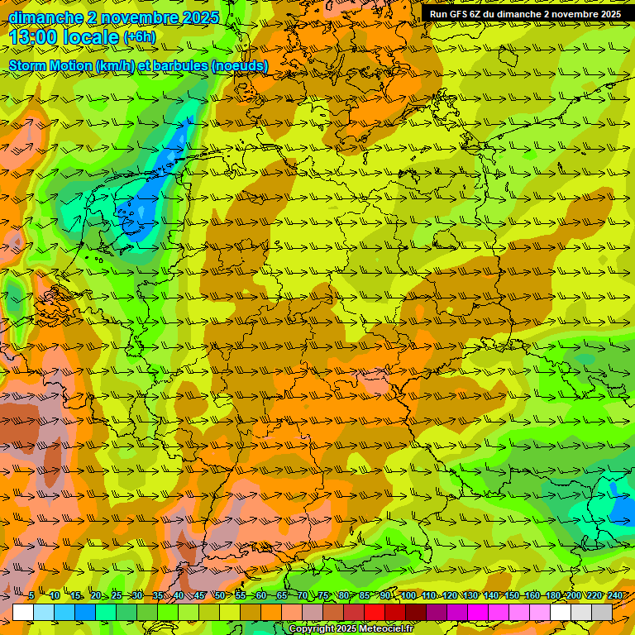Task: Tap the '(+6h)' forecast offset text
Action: pyautogui.click(x=139, y=37)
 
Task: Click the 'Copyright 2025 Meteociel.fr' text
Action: pyautogui.click(x=351, y=629)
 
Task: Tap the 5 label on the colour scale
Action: pyautogui.click(x=31, y=596)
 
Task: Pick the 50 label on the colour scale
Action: pyautogui.click(x=220, y=596)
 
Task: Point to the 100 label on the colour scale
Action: pyautogui.click(x=408, y=596)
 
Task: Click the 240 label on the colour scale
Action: pyautogui.click(x=614, y=596)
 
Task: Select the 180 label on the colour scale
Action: pyautogui.click(x=552, y=596)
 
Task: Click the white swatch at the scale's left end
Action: pyautogui.click(x=23, y=612)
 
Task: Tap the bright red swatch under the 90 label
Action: pyautogui.click(x=375, y=612)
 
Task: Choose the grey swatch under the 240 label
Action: pyautogui.click(x=602, y=612)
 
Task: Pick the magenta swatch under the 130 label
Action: pyautogui.click(x=478, y=612)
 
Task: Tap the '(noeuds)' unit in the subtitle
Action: pyautogui.click(x=240, y=66)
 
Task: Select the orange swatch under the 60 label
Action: pyautogui.click(x=251, y=612)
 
